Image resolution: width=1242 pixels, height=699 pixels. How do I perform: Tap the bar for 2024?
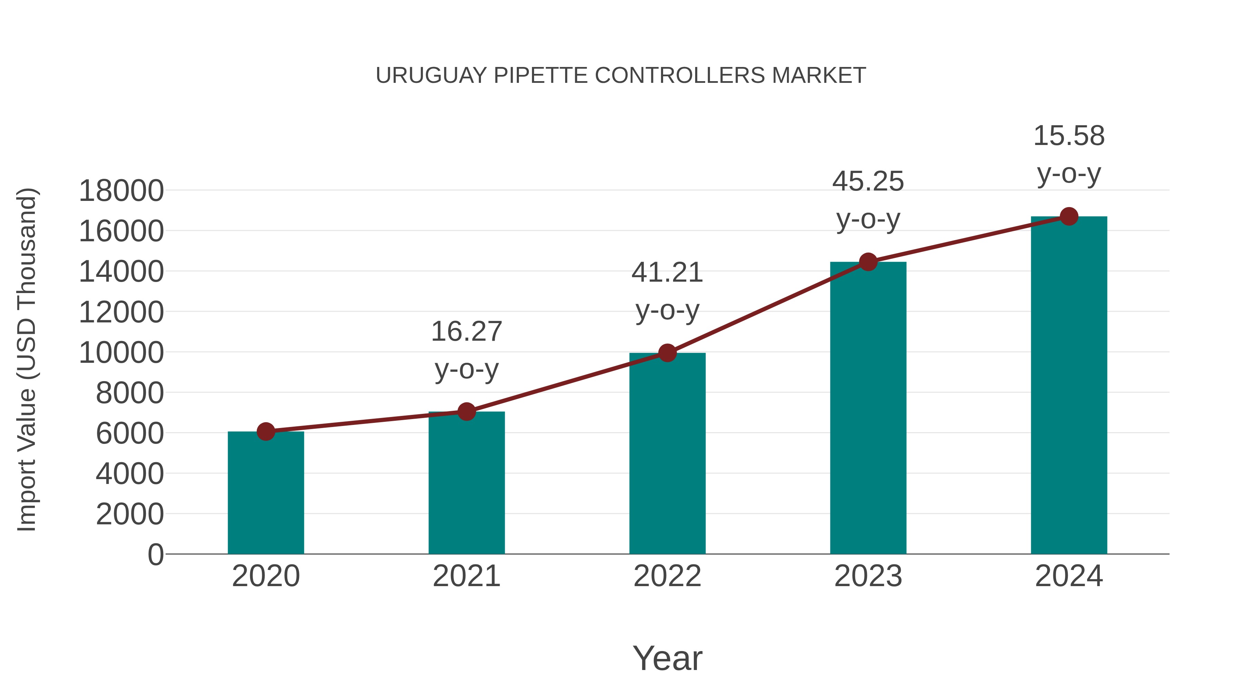(1069, 386)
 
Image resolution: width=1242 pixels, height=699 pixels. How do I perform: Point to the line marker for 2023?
(868, 262)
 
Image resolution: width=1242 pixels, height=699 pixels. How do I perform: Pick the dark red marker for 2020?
(266, 431)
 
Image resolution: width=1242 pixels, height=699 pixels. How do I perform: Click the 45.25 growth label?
(868, 182)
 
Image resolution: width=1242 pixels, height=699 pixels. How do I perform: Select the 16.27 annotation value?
(466, 332)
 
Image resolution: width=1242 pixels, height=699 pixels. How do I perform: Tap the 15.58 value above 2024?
(1069, 136)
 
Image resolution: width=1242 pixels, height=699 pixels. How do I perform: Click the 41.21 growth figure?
(667, 273)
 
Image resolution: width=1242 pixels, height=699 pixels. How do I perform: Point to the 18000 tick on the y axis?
(121, 191)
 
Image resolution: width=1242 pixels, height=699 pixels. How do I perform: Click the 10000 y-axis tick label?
(121, 353)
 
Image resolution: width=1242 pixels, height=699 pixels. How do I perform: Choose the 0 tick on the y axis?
(156, 554)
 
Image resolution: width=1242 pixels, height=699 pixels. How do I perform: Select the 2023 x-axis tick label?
(868, 576)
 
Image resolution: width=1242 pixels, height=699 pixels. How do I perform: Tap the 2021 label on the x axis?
(466, 576)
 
